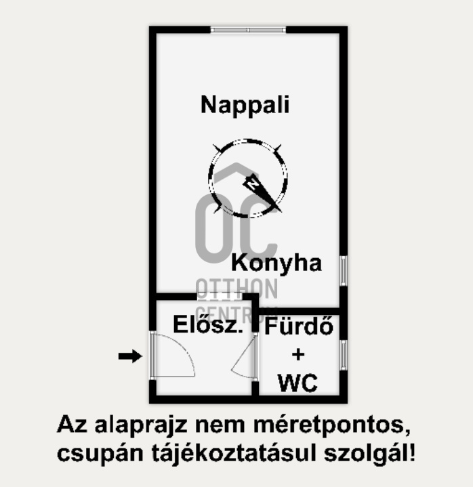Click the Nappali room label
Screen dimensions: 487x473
[245, 105]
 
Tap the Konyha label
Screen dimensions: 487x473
[276, 263]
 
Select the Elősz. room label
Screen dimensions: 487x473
[208, 325]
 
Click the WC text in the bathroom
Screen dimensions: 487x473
[297, 383]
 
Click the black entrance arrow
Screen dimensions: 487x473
[130, 356]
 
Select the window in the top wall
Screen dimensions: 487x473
[247, 30]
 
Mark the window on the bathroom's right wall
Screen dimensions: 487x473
[344, 354]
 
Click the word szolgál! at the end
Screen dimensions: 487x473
[379, 452]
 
